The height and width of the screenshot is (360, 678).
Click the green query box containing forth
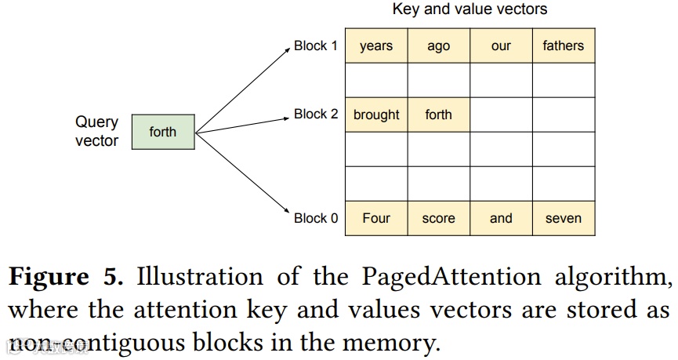point(163,132)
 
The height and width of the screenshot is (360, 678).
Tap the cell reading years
point(376,45)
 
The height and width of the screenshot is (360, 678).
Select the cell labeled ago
point(439,45)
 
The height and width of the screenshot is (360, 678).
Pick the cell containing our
point(501,45)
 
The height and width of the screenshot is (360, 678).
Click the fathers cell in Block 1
point(564,45)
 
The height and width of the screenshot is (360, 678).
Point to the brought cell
point(376,115)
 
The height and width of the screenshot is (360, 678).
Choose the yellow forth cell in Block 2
point(439,115)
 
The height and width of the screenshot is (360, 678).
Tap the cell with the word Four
point(376,218)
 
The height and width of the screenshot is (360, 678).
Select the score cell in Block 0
point(439,218)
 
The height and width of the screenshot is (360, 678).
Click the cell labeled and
point(501,218)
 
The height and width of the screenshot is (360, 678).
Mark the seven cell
point(564,218)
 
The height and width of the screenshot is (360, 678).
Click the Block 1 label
point(316,45)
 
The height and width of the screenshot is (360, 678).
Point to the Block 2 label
point(316,115)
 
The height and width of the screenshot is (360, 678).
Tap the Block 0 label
point(316,218)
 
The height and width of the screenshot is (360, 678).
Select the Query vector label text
point(97,132)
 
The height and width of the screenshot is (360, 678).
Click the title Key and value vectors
point(470,9)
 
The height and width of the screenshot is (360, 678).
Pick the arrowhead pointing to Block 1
point(287,49)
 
